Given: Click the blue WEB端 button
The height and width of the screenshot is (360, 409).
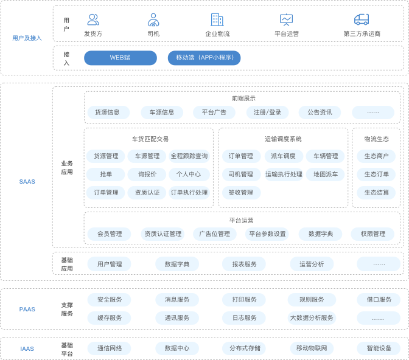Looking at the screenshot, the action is click(121, 58).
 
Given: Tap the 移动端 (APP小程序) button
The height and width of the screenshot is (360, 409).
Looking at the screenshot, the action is click(204, 58).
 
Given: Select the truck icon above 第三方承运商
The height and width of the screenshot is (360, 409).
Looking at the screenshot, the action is click(362, 19).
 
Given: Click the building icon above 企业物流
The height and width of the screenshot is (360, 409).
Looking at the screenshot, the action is click(217, 19).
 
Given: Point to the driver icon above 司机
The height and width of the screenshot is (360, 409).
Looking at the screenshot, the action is click(153, 20).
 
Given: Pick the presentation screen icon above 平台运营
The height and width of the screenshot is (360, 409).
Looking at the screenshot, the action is click(287, 19).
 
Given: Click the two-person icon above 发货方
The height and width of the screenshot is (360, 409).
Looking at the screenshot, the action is click(93, 19).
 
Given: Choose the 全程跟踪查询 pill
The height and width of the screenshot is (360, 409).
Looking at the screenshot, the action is click(189, 156).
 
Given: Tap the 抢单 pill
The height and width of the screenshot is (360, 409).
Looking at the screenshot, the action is click(106, 175).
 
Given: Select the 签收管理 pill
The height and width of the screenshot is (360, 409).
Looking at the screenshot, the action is click(241, 193).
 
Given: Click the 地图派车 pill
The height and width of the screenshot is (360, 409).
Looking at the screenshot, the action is click(325, 175).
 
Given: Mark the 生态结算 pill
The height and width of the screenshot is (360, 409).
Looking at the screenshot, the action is click(376, 193).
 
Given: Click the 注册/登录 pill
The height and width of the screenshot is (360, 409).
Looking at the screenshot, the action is click(267, 112).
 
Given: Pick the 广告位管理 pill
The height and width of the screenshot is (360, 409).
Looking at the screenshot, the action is click(215, 234).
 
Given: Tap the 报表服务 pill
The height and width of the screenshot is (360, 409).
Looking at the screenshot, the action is click(244, 264).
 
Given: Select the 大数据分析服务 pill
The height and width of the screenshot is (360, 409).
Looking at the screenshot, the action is click(312, 318).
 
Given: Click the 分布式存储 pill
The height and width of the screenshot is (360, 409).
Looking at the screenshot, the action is click(245, 348).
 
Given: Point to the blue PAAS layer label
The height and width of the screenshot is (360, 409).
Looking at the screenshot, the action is click(27, 309).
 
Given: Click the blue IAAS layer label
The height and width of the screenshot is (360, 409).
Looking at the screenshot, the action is click(27, 349).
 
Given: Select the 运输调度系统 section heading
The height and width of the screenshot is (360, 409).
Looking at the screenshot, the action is click(283, 139).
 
